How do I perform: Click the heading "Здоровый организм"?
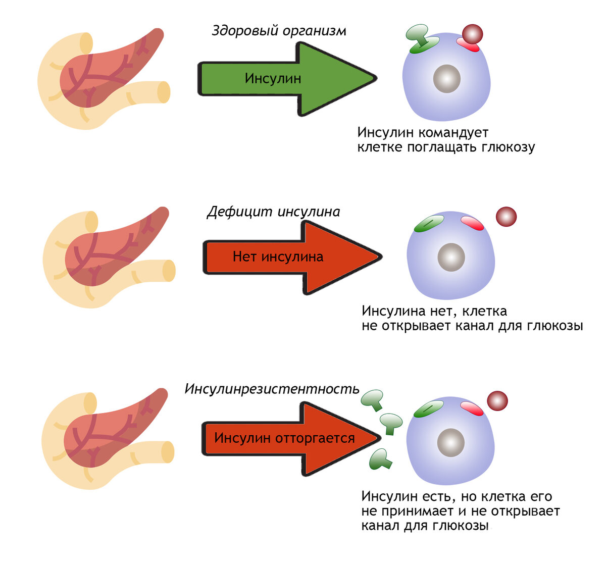279,31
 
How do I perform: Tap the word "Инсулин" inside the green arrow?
273,79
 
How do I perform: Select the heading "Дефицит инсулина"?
273,212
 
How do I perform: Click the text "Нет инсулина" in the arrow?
278,257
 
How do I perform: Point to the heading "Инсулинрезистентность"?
272,389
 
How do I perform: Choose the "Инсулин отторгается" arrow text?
284,438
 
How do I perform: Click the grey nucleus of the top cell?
447,79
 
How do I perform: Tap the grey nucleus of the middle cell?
451,257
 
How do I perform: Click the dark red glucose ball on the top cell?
473,35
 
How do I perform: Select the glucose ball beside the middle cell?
506,217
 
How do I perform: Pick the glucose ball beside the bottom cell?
497,401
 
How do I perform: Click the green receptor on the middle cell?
428,223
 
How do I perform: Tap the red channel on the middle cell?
472,224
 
